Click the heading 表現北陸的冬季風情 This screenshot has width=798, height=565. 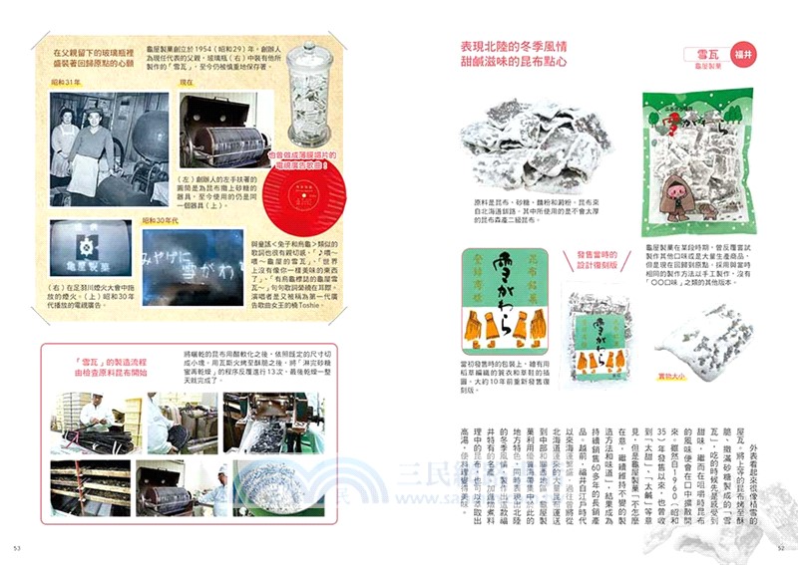[x=527, y=46]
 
